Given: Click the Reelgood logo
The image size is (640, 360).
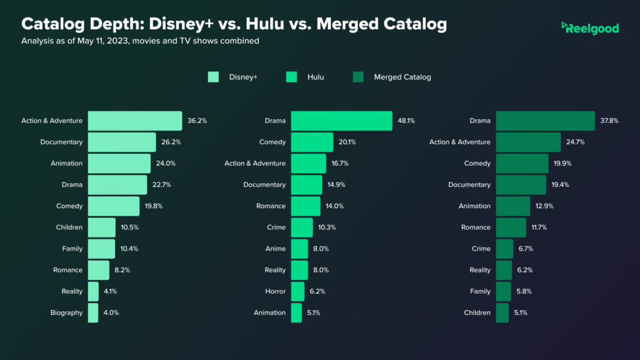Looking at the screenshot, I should pos(590,28).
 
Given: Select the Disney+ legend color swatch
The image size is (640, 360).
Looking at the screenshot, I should pos(213,77).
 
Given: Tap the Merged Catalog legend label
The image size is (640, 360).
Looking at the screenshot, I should pos(402,77).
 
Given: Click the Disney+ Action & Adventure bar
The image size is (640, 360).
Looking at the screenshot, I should pos(135,121).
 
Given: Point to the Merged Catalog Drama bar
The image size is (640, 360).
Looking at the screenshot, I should pos(545,121).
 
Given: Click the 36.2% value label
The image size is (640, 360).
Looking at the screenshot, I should pos(197,121).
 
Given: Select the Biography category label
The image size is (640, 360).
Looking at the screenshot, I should pos(67,312).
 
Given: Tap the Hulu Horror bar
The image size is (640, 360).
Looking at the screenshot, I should pos(297,291).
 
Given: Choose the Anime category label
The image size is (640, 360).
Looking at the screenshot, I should pos(276,249).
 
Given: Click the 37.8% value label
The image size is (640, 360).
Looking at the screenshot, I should pos(609,121).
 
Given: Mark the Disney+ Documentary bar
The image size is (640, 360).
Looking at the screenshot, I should pos(122,142).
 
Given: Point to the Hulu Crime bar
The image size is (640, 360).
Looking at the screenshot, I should pos(302,227).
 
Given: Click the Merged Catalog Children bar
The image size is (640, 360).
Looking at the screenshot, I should pos(502,312).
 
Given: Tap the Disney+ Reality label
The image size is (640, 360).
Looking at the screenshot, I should pos(72,291).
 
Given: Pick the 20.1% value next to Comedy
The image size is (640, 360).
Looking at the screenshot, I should pos(347,142).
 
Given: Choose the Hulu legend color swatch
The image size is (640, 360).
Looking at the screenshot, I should pos(292,77).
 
